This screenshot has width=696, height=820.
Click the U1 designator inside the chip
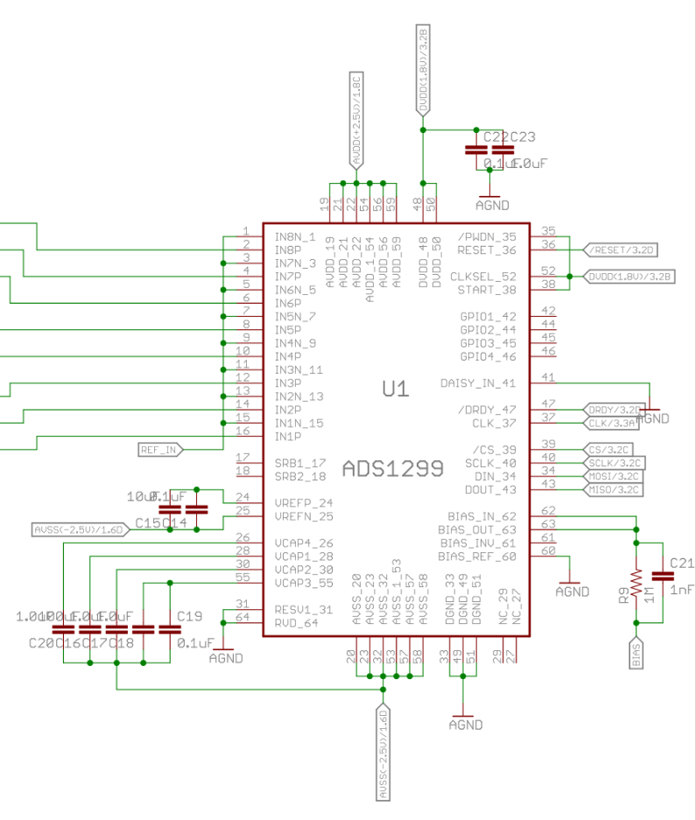coord(397,389)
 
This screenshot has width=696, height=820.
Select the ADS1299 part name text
coord(393,467)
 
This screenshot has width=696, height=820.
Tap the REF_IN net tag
coord(160,450)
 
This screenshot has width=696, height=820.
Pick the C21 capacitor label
coord(681,562)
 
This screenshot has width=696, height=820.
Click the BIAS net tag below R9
coord(637,654)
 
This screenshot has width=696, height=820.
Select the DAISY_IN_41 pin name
coord(477,383)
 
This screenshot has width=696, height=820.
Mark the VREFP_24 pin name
coord(304,503)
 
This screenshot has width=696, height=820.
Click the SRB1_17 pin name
coord(300,463)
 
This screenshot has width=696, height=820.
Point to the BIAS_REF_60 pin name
coord(477,556)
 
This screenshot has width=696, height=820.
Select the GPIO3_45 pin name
coord(488,343)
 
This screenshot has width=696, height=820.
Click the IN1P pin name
coord(288,436)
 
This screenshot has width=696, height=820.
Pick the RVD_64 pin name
coord(297,623)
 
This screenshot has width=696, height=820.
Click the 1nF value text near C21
coord(683,591)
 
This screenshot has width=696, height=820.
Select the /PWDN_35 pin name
coord(488,237)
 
